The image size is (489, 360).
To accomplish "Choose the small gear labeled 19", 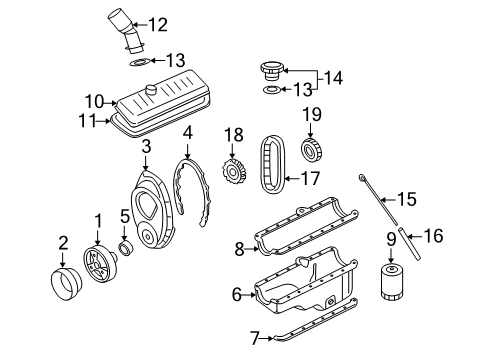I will tap(312, 150).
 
